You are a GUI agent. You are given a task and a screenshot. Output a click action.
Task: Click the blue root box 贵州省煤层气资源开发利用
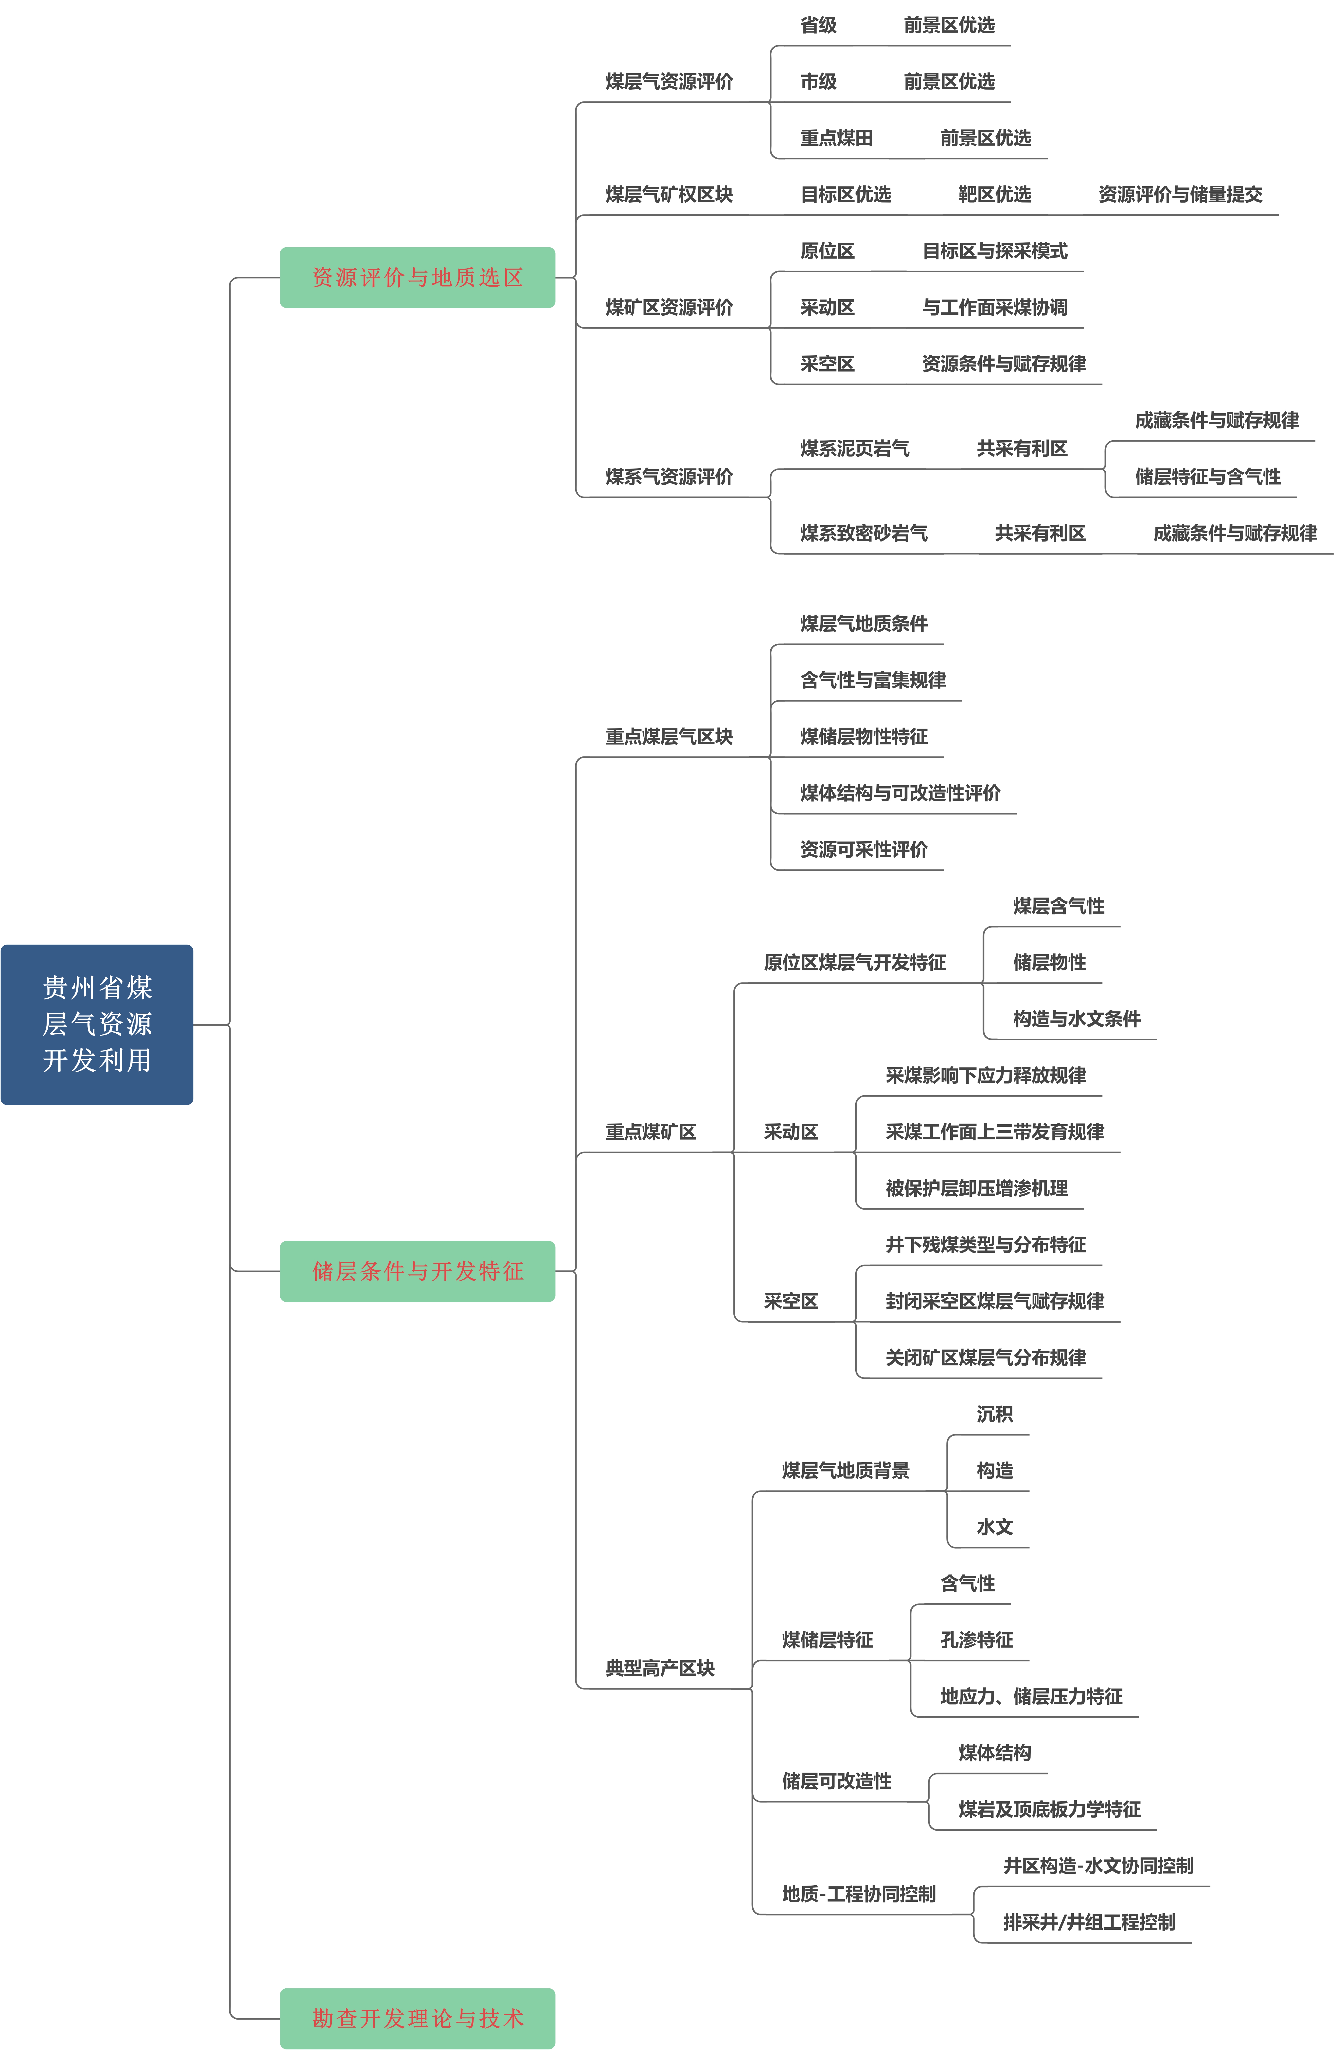click(x=97, y=1024)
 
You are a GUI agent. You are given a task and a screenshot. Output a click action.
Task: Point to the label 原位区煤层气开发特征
click(x=854, y=962)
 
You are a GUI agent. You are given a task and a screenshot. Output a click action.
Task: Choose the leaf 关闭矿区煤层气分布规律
click(x=985, y=1358)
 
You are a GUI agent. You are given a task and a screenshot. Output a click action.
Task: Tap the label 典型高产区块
click(x=660, y=1668)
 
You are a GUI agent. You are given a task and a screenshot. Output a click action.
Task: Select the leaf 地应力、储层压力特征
click(x=1031, y=1696)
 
